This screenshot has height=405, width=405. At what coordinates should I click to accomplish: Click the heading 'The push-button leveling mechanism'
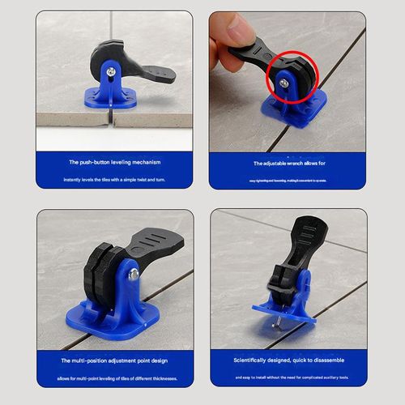(x=113, y=162)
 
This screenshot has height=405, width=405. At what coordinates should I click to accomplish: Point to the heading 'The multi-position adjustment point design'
(x=113, y=360)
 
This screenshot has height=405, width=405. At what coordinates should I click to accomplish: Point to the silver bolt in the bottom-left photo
(x=133, y=275)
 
